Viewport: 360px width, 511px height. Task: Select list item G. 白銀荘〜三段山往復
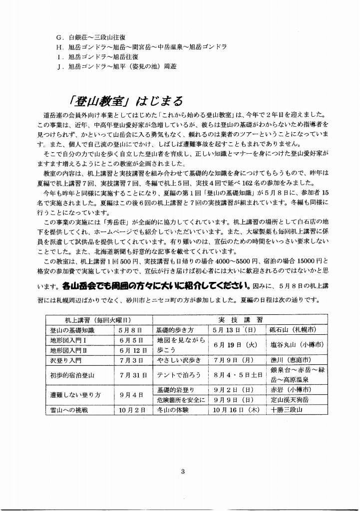click(94, 37)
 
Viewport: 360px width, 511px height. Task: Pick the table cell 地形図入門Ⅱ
click(72, 350)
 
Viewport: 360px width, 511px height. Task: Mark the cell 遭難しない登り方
click(79, 394)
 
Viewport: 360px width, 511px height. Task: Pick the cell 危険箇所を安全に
click(178, 400)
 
